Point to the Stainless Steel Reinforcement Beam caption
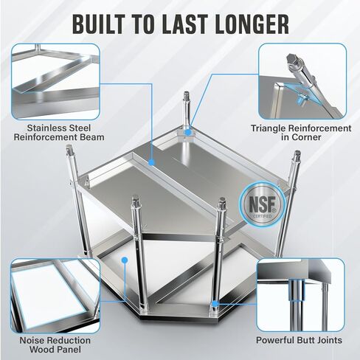point(58,131)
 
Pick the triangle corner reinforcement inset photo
point(302,80)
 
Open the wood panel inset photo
point(55,293)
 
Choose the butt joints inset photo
point(302,293)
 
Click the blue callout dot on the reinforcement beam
point(150,160)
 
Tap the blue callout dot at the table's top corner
point(187,133)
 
